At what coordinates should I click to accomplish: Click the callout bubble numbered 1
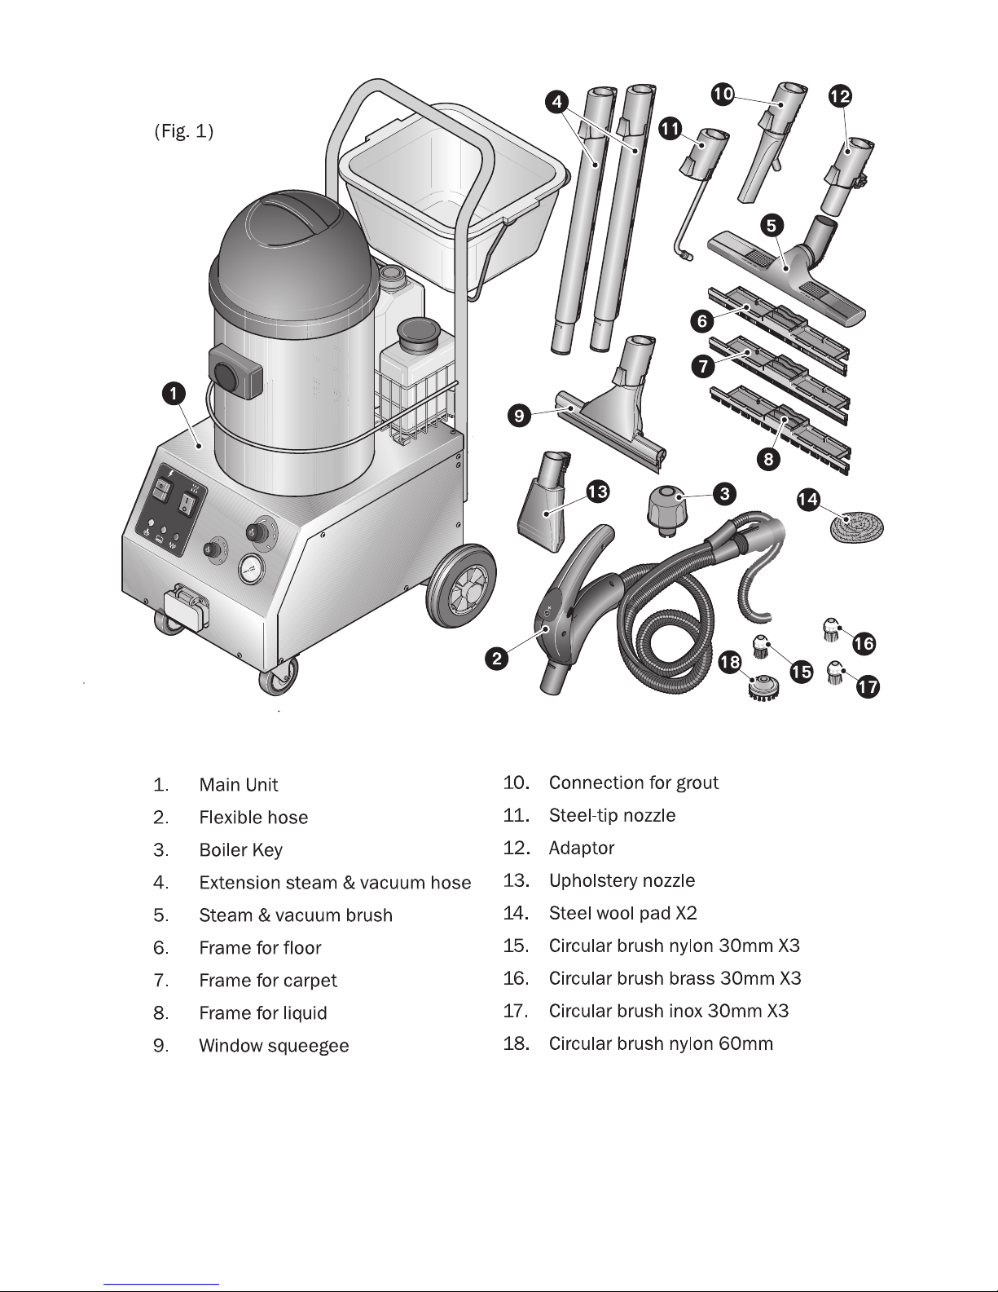point(174,394)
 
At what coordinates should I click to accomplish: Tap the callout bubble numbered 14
point(808,500)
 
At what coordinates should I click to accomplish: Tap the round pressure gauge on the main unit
point(252,570)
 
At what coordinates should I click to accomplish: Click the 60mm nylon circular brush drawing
point(763,687)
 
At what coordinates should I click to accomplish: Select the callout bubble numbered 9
point(519,415)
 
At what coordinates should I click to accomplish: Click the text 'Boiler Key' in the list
point(240,849)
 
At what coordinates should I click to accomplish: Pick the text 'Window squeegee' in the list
point(274,1045)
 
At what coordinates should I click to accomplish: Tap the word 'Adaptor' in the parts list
point(582,848)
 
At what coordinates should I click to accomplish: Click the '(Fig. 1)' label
point(183,130)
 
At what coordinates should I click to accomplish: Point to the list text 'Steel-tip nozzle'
point(612,815)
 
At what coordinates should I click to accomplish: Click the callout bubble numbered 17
point(868,686)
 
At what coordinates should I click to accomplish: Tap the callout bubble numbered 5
point(772,225)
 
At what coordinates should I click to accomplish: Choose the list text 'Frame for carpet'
point(268,981)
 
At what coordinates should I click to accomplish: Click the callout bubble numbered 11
point(670,129)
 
